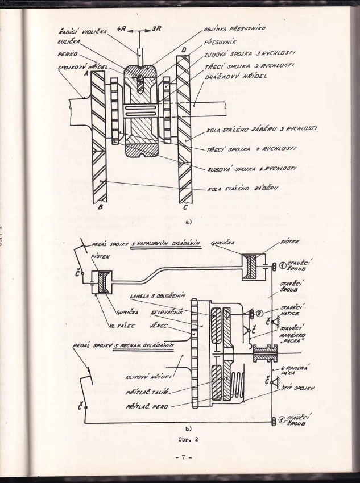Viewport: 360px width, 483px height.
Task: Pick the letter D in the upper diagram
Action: (184, 50)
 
